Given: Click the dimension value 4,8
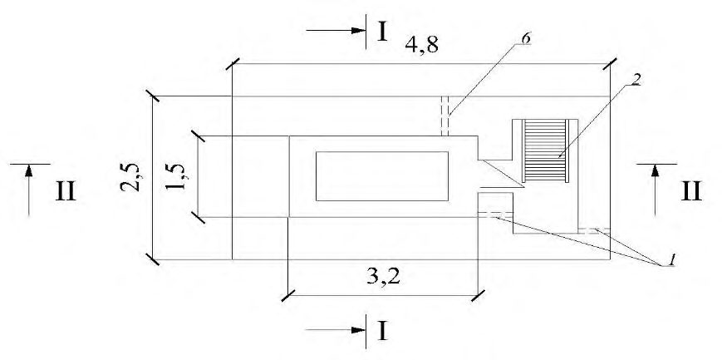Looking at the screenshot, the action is (x=422, y=45).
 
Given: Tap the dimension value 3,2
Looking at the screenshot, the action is (x=384, y=278).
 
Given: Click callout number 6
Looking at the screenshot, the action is (x=525, y=38).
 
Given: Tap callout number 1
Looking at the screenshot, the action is (x=672, y=260).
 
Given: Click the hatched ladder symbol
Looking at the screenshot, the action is (x=546, y=150).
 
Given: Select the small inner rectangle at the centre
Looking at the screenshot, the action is (x=382, y=176).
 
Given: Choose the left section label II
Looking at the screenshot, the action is (x=66, y=191).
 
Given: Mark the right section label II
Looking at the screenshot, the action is (x=691, y=191).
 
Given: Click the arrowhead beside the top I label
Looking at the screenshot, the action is (x=358, y=31).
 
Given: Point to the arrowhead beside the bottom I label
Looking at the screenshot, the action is (x=358, y=330).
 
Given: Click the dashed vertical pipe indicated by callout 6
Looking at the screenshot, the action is (x=444, y=116).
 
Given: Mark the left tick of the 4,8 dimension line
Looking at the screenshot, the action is (x=233, y=64).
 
